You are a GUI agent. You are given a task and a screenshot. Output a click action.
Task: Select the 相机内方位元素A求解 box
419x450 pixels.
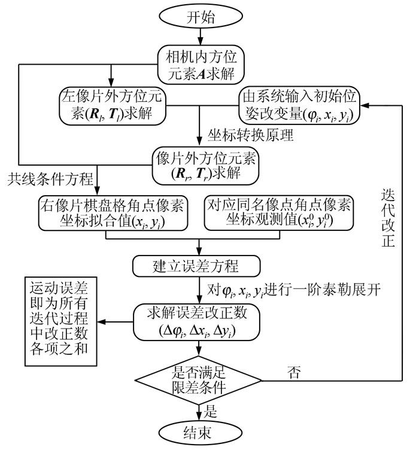click(199, 64)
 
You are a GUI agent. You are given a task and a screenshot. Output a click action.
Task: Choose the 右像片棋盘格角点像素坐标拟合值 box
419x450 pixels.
click(113, 213)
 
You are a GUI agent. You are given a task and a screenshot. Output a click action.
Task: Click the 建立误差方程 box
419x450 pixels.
click(197, 264)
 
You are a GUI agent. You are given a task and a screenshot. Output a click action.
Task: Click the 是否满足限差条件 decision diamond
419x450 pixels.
click(198, 379)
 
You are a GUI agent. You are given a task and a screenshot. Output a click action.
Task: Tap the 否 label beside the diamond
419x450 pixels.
click(294, 373)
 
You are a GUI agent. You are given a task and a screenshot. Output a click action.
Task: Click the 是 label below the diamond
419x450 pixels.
click(210, 412)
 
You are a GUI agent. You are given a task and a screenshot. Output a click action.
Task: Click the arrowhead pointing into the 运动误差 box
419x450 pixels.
click(102, 322)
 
